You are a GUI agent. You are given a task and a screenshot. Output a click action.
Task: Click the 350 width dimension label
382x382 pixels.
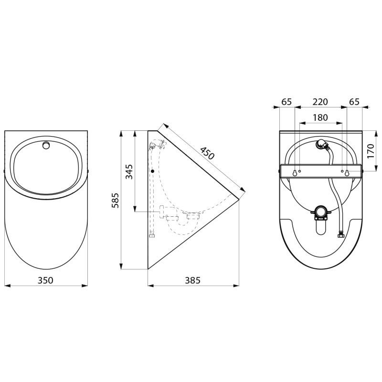[x=45, y=280]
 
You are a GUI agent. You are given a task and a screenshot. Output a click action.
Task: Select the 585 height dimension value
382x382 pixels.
[x=115, y=200]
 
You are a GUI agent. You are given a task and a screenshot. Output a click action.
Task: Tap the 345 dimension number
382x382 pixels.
[x=129, y=171]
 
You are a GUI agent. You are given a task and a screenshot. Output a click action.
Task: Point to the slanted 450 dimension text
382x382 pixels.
[x=207, y=153]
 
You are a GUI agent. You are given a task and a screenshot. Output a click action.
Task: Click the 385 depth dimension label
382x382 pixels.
[x=192, y=280]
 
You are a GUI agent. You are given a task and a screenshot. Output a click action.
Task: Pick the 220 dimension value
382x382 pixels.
[x=320, y=102]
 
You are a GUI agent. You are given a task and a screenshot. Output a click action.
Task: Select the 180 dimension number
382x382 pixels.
[x=320, y=117]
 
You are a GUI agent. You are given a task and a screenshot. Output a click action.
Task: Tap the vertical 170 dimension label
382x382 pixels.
[x=371, y=150]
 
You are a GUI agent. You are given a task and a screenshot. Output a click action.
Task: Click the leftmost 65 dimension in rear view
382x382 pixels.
[x=286, y=102]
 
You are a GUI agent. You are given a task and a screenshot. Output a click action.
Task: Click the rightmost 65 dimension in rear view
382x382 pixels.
[x=354, y=102]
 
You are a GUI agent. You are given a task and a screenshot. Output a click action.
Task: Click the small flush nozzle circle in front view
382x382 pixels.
[x=46, y=145]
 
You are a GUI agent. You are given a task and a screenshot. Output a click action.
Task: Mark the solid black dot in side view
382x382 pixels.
[x=152, y=171]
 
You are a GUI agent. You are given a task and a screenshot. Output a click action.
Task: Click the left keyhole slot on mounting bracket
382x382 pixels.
[x=295, y=172]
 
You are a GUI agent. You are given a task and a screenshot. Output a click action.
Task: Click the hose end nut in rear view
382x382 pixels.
[x=341, y=234]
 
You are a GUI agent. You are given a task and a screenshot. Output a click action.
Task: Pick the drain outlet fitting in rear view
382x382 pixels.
[x=320, y=212]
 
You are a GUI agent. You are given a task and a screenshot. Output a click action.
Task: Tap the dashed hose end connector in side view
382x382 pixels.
[x=152, y=234]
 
